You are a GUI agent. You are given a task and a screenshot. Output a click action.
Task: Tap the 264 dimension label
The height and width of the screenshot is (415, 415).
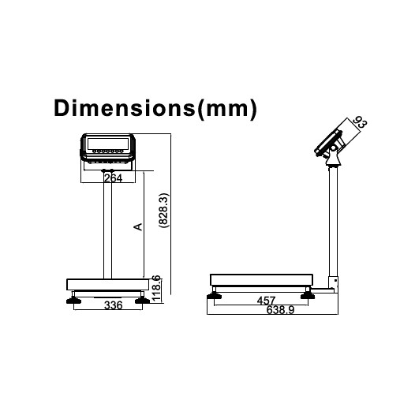point(114,179)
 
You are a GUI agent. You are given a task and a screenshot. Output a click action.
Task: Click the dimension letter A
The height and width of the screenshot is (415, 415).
point(137,227)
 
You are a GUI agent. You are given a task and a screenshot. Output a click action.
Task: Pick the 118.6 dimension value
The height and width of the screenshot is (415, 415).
point(156,287)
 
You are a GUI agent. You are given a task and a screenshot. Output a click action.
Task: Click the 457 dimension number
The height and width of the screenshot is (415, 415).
point(267,301)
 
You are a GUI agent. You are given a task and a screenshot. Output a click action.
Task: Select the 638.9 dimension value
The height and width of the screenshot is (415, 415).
point(270,312)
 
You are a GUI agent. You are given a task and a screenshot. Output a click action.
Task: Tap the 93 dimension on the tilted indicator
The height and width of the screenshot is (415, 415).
point(360,124)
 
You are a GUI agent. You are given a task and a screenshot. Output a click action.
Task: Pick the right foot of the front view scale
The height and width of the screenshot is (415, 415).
point(142,297)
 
